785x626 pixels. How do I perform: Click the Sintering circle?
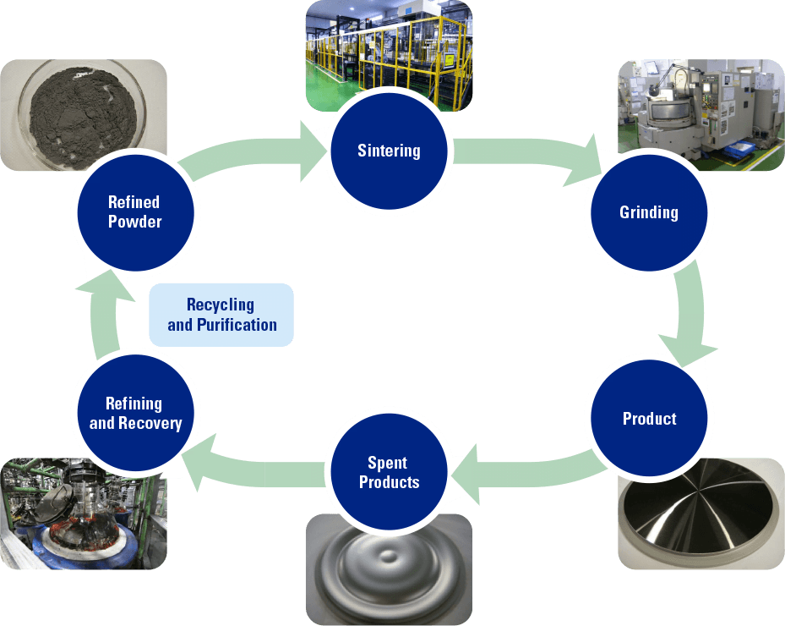click(x=389, y=151)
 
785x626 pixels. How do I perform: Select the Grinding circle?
click(x=649, y=212)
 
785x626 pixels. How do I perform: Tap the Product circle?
click(x=649, y=419)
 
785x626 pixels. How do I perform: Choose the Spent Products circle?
click(x=389, y=473)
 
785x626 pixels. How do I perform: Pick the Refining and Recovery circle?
click(x=135, y=414)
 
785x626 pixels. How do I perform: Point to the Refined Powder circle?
click(x=135, y=212)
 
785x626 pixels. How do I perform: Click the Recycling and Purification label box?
click(x=221, y=315)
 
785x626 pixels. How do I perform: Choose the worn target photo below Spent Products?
click(x=389, y=567)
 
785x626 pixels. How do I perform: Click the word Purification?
click(x=236, y=325)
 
